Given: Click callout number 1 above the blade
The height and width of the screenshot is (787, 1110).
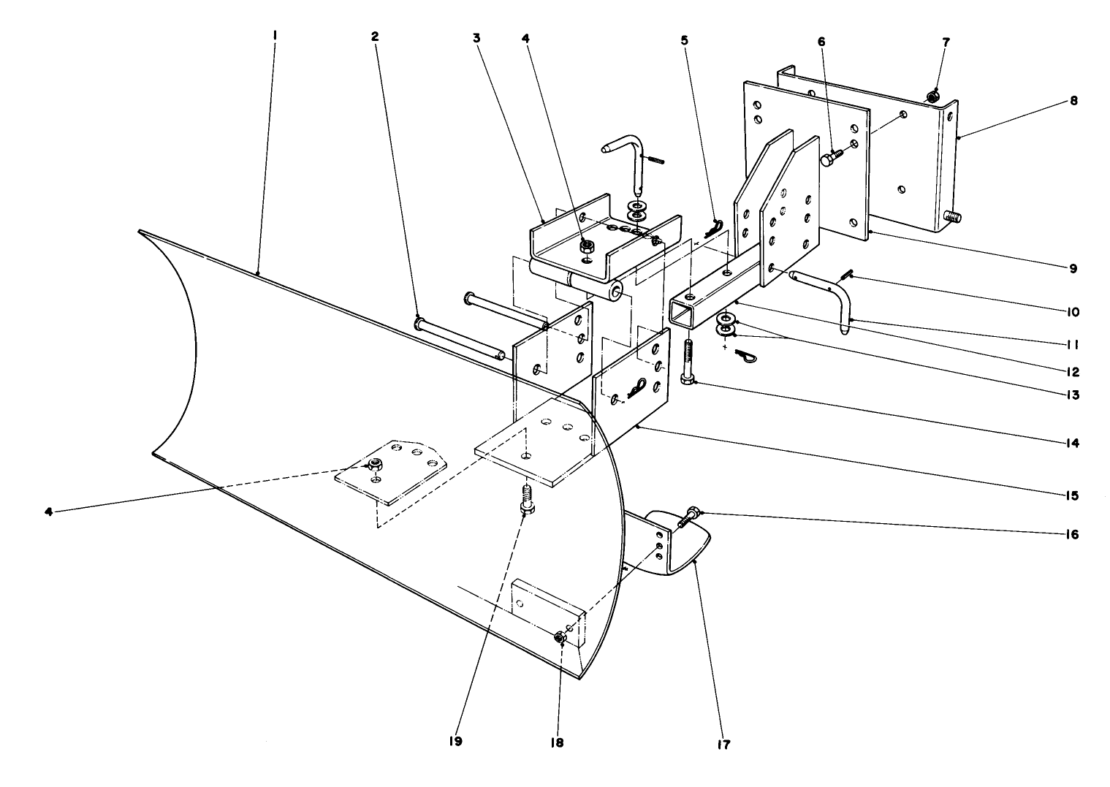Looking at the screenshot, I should pyautogui.click(x=275, y=35).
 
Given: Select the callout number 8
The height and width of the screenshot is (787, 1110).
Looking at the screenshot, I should pyautogui.click(x=1073, y=101).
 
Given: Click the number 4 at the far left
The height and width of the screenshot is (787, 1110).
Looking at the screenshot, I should pyautogui.click(x=49, y=512).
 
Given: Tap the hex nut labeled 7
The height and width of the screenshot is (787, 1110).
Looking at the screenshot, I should pyautogui.click(x=932, y=96).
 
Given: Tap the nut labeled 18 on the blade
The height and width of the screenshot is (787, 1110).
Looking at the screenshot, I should pyautogui.click(x=560, y=637).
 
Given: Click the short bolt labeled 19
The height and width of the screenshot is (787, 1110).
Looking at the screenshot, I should pyautogui.click(x=525, y=500).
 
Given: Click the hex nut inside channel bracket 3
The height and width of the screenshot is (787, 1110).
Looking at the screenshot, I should pyautogui.click(x=586, y=247).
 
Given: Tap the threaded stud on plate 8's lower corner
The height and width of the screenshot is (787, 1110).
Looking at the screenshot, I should pyautogui.click(x=951, y=216).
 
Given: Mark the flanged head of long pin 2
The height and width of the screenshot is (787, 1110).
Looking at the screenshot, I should pyautogui.click(x=419, y=322).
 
